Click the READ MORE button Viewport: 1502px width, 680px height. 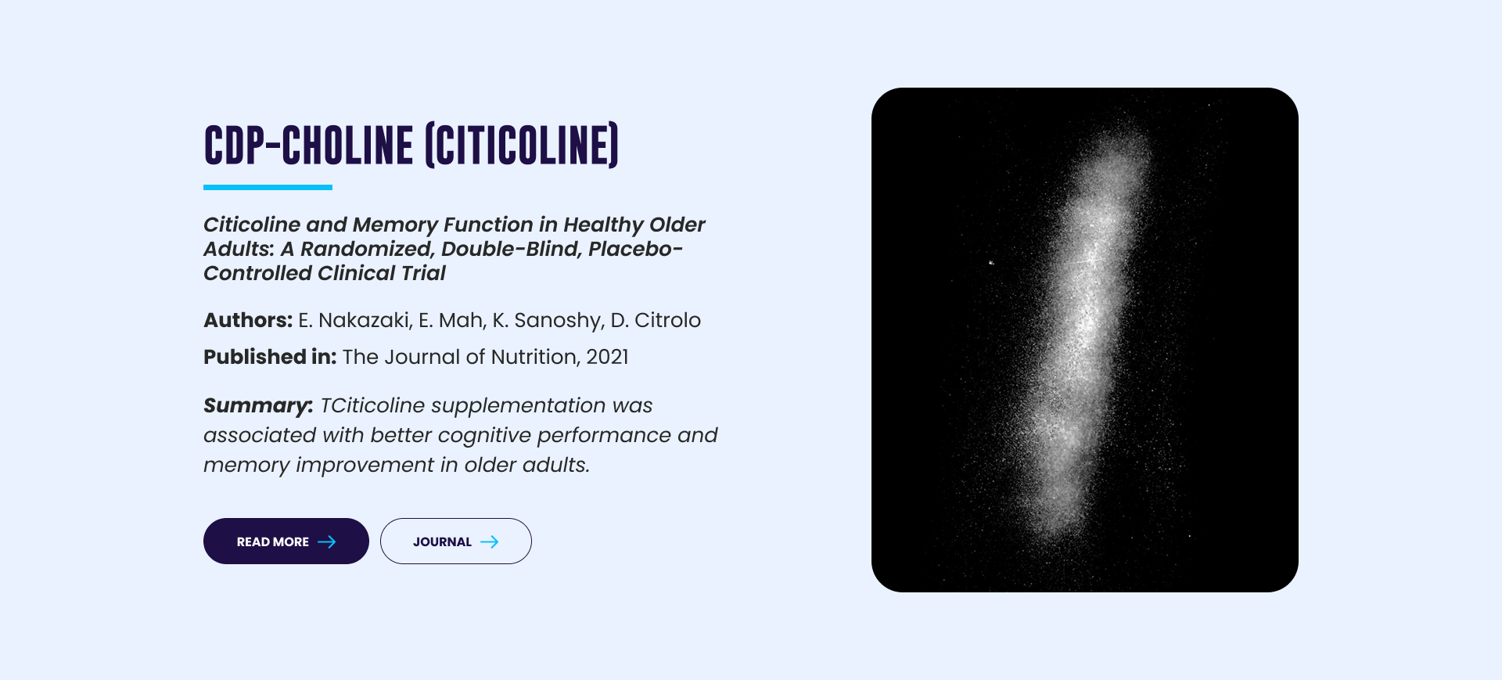click(286, 541)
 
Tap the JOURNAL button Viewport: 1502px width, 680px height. click(456, 541)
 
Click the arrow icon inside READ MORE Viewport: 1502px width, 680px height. click(327, 541)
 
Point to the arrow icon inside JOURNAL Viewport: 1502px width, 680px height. click(490, 541)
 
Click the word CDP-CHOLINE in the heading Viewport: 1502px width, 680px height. click(308, 146)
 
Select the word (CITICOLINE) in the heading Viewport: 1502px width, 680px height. click(522, 146)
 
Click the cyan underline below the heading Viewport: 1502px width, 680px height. click(268, 188)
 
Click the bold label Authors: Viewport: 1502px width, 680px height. click(248, 320)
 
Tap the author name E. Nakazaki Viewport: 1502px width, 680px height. click(355, 320)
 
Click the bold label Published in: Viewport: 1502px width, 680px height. click(270, 357)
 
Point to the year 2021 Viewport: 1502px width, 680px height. click(608, 357)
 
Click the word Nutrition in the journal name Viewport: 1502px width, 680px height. click(534, 357)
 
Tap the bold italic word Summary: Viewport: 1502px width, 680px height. click(258, 406)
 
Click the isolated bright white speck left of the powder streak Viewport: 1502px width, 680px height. click(991, 262)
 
